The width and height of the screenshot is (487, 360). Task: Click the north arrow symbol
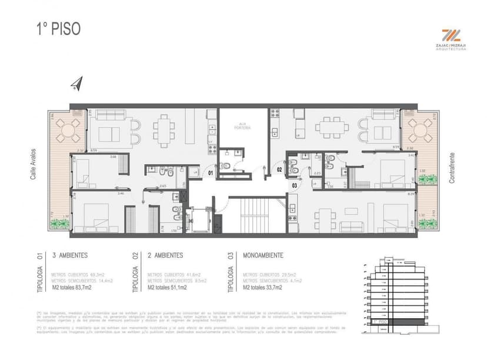pos(75,85)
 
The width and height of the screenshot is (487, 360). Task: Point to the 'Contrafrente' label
pos(452,168)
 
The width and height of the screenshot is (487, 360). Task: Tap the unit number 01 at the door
pos(211,173)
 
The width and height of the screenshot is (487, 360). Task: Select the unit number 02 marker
pos(280,171)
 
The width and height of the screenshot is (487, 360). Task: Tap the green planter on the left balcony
pos(60,224)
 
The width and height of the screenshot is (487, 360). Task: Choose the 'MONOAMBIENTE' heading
pos(264,255)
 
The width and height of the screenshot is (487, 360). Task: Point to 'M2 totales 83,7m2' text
pos(74,288)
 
